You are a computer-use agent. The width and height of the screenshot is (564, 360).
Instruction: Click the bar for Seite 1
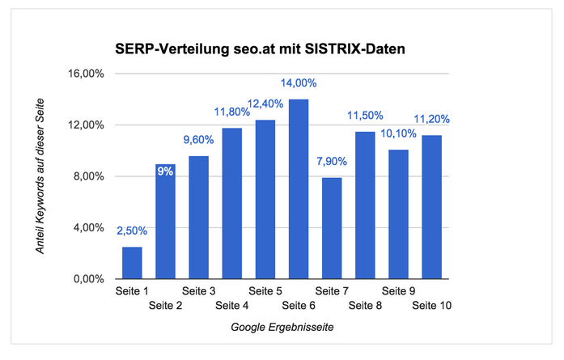pyautogui.click(x=132, y=263)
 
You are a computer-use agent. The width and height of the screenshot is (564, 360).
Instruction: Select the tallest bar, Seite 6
pyautogui.click(x=299, y=189)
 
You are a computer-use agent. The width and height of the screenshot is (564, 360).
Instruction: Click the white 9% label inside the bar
pyautogui.click(x=165, y=171)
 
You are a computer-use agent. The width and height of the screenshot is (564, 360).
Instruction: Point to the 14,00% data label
pyautogui.click(x=299, y=83)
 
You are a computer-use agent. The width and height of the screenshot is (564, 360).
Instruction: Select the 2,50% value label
pyautogui.click(x=132, y=231)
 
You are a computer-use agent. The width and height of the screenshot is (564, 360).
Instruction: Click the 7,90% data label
pyautogui.click(x=332, y=162)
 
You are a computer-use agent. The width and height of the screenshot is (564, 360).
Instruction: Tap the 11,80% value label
pyautogui.click(x=232, y=112)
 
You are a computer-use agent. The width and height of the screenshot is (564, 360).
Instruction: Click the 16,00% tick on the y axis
pyautogui.click(x=88, y=74)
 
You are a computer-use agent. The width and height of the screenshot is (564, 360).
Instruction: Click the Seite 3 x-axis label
pyautogui.click(x=198, y=290)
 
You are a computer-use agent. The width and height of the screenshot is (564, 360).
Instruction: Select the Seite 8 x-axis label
pyautogui.click(x=365, y=305)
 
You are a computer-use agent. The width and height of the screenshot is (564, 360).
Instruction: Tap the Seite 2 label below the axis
pyautogui.click(x=165, y=305)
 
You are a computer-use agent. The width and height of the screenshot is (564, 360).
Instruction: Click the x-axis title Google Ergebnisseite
pyautogui.click(x=282, y=328)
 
